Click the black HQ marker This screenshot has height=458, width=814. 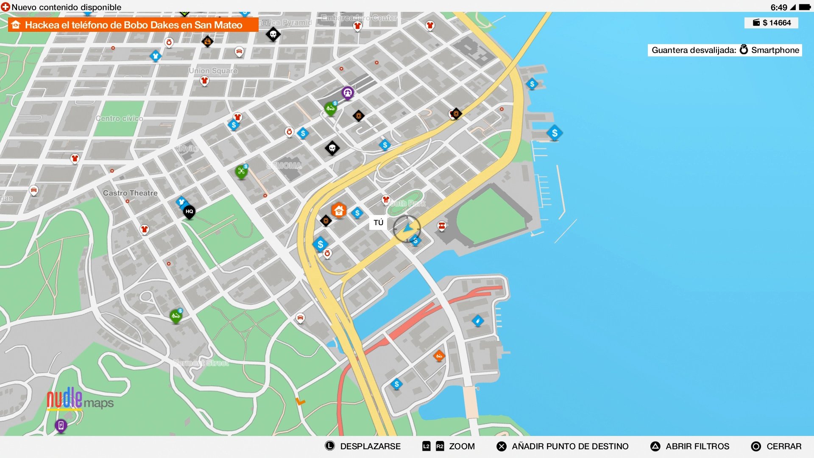(189, 211)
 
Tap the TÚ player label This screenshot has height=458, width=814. (378, 223)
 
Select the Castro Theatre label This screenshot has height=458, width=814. (130, 193)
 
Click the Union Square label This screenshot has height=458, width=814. (213, 70)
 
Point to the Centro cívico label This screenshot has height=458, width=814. (119, 118)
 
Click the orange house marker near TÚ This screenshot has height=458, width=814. (339, 210)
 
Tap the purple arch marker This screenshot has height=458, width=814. (348, 92)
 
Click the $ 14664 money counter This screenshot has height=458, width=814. (772, 23)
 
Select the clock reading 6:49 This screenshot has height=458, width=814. (778, 7)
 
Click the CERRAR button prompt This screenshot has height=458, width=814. (776, 446)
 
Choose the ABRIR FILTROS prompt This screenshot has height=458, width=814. (690, 446)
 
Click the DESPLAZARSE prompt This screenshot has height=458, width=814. (363, 446)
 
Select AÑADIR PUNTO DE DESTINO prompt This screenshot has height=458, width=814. (563, 446)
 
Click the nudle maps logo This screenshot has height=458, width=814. (80, 399)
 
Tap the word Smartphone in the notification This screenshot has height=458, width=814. (775, 50)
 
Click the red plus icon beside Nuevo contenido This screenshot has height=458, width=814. (6, 7)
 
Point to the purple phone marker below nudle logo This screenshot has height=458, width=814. (61, 425)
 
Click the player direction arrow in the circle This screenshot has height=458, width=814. (407, 229)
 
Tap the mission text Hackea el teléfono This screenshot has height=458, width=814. (134, 25)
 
